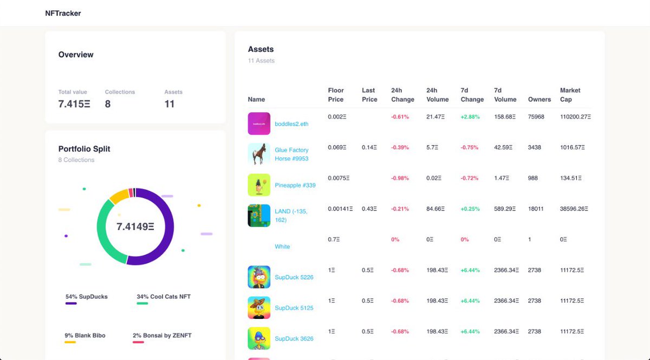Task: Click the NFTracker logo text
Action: (63, 13)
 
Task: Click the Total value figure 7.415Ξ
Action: (74, 104)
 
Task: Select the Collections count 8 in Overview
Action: (108, 104)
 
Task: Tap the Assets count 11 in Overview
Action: (170, 104)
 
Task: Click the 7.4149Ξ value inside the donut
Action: (135, 227)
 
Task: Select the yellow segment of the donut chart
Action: (118, 195)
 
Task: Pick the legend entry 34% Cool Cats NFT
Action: (163, 297)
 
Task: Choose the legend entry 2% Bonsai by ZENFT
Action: (161, 336)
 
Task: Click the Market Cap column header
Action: (570, 95)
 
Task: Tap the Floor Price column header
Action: (336, 95)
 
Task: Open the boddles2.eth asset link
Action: (291, 124)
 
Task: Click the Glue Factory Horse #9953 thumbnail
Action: (259, 154)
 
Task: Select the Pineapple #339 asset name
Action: (295, 185)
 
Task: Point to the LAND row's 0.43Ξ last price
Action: (369, 209)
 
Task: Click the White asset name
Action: (282, 246)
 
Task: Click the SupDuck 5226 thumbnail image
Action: (259, 277)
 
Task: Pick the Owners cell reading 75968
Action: (536, 117)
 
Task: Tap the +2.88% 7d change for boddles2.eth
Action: (470, 117)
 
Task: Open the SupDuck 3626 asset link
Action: (294, 339)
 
